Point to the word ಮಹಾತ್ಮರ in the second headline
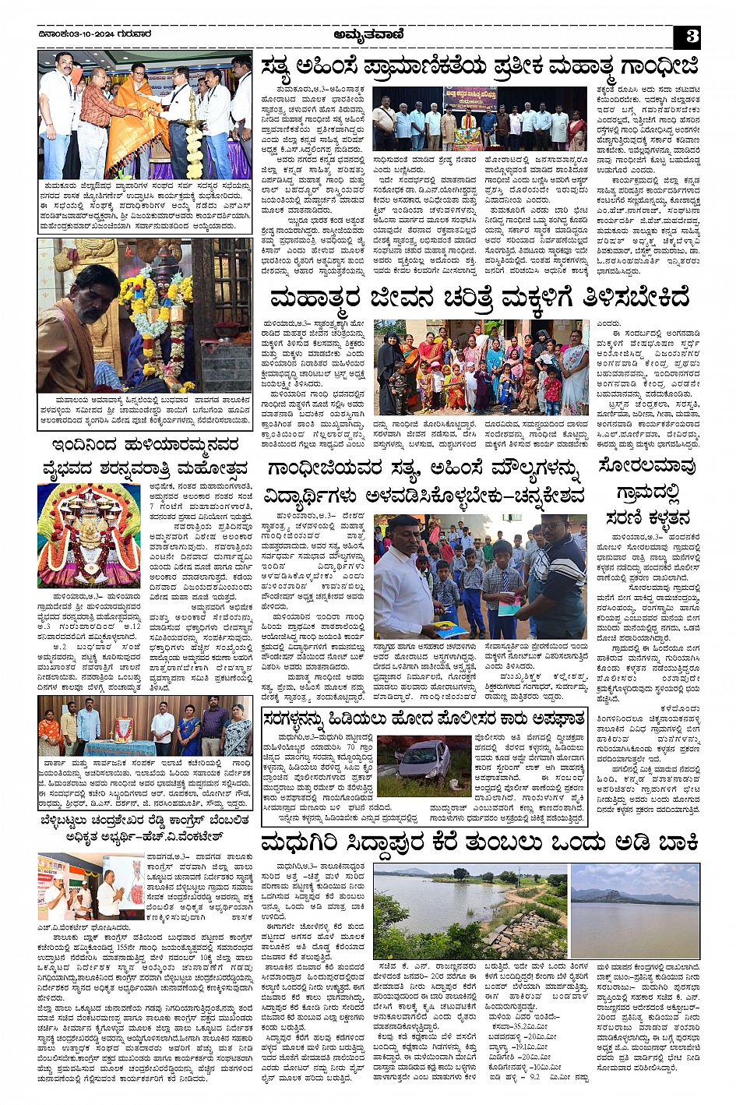click(x=314, y=298)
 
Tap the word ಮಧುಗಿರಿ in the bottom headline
click(x=305, y=844)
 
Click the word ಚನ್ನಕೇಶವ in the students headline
click(x=538, y=495)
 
